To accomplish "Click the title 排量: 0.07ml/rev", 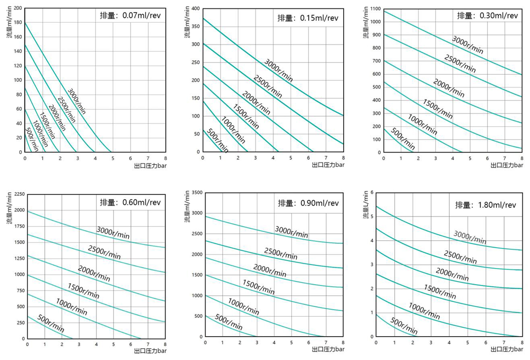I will [x=130, y=15].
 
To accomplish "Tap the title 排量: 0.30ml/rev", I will [x=487, y=16].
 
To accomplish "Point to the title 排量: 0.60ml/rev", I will [x=130, y=202].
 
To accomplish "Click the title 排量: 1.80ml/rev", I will [x=486, y=205].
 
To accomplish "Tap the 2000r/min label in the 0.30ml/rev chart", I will [x=449, y=88].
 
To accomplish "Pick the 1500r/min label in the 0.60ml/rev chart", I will [x=83, y=290].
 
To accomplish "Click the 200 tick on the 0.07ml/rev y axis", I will [x=18, y=8].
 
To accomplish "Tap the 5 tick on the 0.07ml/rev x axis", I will [x=113, y=158].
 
